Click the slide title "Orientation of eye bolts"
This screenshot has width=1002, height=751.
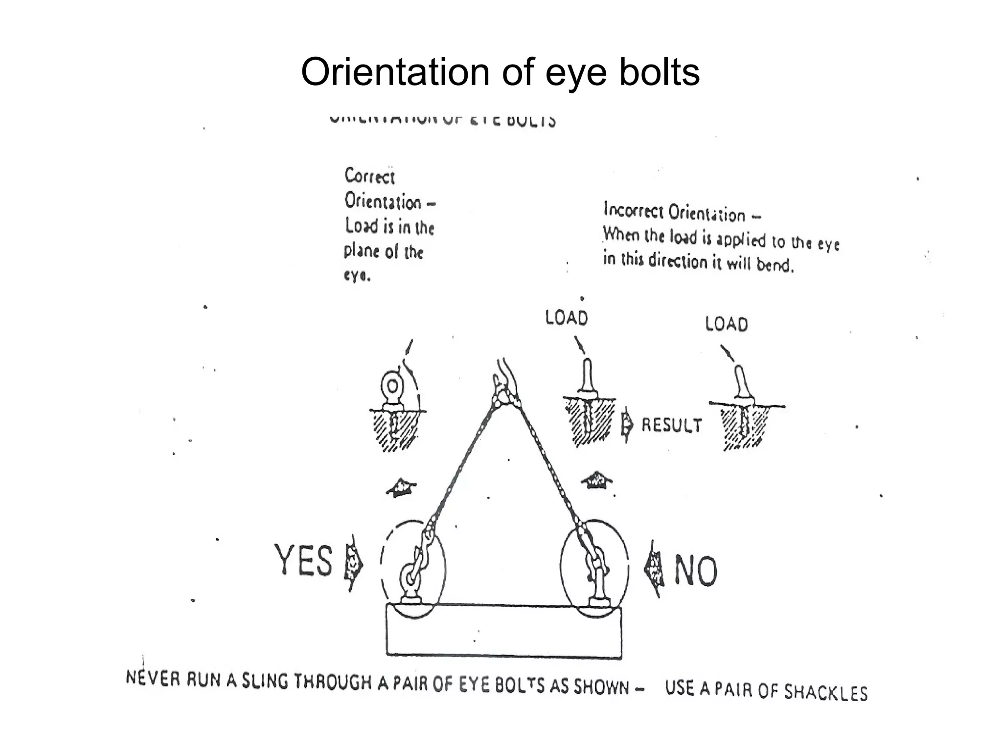[500, 72]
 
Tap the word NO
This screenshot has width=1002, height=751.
[696, 570]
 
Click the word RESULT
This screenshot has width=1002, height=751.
[671, 425]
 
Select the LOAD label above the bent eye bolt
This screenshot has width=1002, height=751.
[727, 324]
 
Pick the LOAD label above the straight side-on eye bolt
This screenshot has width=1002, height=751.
[567, 318]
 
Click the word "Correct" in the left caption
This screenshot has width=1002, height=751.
[369, 176]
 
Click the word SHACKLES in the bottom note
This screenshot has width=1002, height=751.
[826, 692]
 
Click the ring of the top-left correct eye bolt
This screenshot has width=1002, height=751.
[392, 387]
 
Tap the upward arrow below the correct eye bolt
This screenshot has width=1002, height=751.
[401, 487]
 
